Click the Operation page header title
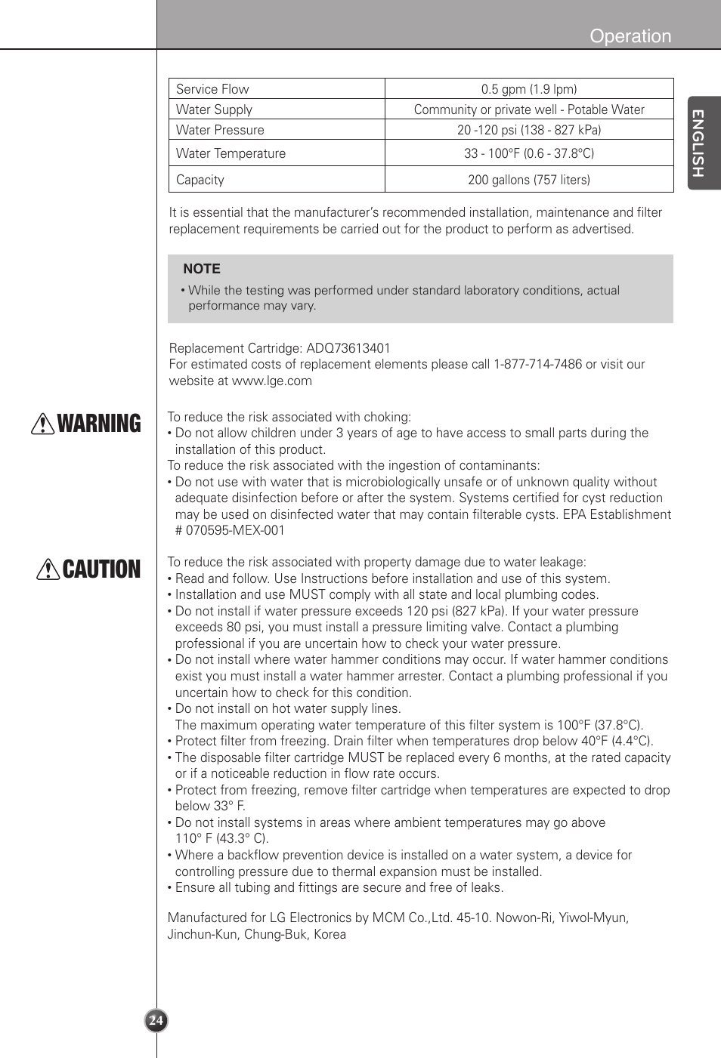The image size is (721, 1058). click(x=630, y=36)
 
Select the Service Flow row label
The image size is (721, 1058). click(x=212, y=89)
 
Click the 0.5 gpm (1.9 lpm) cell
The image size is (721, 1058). click(x=529, y=89)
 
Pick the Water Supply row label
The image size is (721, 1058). click(x=214, y=110)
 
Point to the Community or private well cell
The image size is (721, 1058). click(x=529, y=110)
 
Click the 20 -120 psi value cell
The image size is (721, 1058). click(x=529, y=130)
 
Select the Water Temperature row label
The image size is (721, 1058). click(x=231, y=153)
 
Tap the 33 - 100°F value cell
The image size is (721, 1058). click(x=529, y=153)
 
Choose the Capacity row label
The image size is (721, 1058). click(x=200, y=180)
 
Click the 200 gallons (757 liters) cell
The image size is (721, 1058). click(x=529, y=180)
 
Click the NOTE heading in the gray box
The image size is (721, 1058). click(x=202, y=269)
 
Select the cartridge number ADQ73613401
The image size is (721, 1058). click(x=348, y=348)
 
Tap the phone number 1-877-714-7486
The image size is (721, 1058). click(x=537, y=364)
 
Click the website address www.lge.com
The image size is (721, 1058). click(x=272, y=381)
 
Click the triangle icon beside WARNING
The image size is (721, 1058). click(x=42, y=424)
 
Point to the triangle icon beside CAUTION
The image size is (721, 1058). click(x=48, y=569)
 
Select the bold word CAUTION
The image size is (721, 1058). click(x=102, y=569)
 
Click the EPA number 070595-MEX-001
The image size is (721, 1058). click(x=235, y=530)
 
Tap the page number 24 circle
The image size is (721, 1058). click(x=156, y=1020)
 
